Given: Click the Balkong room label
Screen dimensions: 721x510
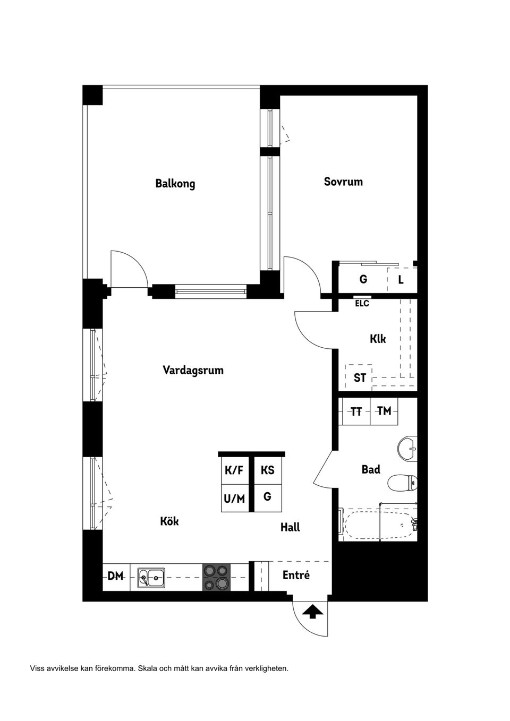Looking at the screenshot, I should pos(175,184).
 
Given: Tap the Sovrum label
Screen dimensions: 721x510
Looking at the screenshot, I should pos(343,182).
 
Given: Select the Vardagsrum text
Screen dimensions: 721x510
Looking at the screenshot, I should pos(193,370).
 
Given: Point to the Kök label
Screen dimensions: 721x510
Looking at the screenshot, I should pos(169,521).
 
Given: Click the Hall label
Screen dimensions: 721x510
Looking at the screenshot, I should pos(290,527).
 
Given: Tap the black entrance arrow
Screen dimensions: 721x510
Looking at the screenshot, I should pos(313,612).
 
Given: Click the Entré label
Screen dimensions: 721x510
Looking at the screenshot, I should pos(296,576).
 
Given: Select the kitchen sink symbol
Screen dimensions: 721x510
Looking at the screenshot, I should pos(151,577).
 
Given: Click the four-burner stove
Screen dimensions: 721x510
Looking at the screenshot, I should pos(217,577).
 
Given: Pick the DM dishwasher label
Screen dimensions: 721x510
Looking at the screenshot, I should pos(115,576).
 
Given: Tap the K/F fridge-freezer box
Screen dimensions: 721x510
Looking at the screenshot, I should pos(234,470).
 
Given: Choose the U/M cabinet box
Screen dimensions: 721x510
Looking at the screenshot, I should pos(234,499).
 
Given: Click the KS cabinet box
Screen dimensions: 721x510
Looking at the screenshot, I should pos(267,470).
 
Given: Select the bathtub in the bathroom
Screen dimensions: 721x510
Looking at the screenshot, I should pos(378,525).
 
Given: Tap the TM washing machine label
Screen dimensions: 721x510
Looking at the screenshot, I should pos(384,411).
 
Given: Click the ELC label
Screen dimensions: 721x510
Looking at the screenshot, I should pos(362,304).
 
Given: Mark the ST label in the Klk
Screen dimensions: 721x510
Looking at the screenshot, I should pos(360,378).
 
